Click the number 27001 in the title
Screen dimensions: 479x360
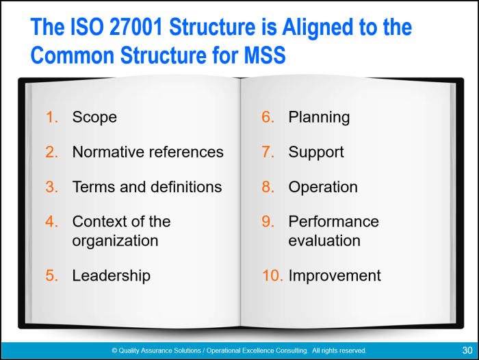pos(135,27)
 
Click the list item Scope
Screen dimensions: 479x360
pos(94,117)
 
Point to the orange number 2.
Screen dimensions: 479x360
pos(51,152)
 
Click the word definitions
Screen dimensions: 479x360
pos(186,187)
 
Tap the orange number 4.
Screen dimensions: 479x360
pos(51,221)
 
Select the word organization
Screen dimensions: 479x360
pos(115,241)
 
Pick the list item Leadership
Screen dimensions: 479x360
pos(111,276)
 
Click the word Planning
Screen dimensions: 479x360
pos(320,117)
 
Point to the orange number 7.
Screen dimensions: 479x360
pos(268,152)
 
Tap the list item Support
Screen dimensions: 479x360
pos(316,153)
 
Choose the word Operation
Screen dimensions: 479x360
pos(323,188)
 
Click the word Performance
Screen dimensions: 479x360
pos(334,221)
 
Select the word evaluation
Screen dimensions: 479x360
pos(324,241)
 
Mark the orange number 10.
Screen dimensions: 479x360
pos(272,275)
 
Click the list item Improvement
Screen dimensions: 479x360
pos(335,276)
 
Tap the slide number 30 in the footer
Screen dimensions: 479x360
pos(467,350)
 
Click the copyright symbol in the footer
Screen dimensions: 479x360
pos(114,350)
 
